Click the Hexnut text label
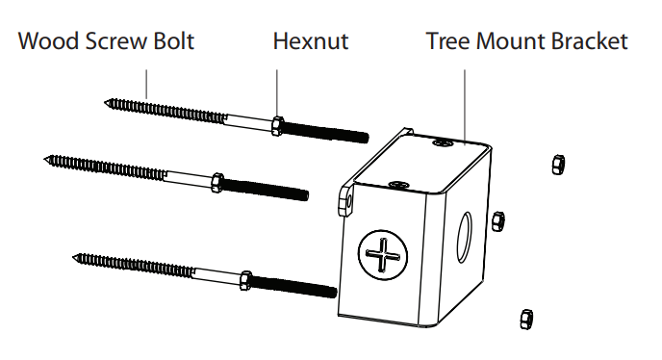[x=310, y=42]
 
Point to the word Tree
[x=447, y=42]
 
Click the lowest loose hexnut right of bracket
[x=525, y=318]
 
